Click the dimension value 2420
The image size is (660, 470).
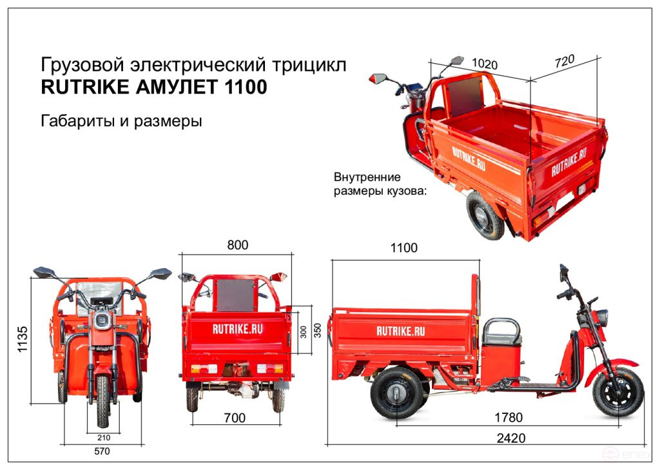pyautogui.click(x=510, y=438)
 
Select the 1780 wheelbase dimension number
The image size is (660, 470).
pyautogui.click(x=508, y=417)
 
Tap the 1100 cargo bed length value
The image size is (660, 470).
pyautogui.click(x=403, y=248)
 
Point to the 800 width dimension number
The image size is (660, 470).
pyautogui.click(x=237, y=245)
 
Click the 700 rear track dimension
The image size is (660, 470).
pyautogui.click(x=234, y=418)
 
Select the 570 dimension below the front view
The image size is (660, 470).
pyautogui.click(x=101, y=451)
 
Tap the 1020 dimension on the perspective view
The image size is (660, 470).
pyautogui.click(x=485, y=64)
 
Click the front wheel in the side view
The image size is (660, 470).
pyautogui.click(x=617, y=391)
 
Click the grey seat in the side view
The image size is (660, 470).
pyautogui.click(x=501, y=333)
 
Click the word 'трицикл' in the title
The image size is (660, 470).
pyautogui.click(x=309, y=65)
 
